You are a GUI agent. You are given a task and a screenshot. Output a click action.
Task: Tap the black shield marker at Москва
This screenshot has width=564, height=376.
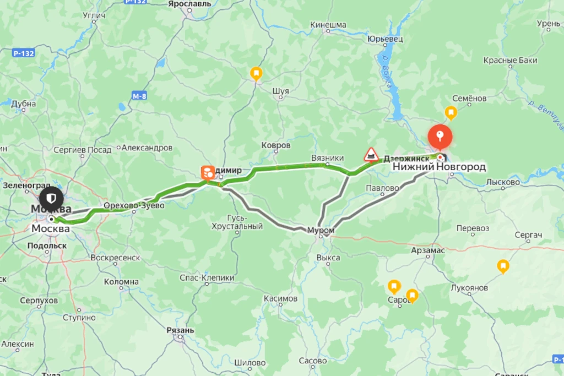coord(51,197)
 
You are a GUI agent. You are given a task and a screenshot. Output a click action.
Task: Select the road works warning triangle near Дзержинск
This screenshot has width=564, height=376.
coord(371,154)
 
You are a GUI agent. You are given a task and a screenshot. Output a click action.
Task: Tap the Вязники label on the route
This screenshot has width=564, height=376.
coord(327,157)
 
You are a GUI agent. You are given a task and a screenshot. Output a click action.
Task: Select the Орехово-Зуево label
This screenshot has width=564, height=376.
coord(134,206)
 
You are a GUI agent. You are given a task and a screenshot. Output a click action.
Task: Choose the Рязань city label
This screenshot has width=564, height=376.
coord(180,330)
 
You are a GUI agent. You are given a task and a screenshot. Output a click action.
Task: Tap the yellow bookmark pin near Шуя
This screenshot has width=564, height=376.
coord(256,73)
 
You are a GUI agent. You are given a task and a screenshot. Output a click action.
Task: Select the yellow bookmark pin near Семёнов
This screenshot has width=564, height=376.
coord(451,113)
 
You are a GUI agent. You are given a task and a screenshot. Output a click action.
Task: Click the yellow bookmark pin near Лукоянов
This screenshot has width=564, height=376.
coord(502,266)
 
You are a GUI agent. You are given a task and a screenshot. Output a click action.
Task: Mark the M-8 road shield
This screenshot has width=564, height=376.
coord(139,96)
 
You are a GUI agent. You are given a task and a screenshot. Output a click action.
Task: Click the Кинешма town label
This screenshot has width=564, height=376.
coord(328,25)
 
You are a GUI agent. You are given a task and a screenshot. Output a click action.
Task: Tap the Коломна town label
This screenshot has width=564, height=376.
coord(122,282)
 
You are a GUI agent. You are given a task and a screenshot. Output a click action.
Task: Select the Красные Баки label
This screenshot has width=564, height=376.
coord(510,61)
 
